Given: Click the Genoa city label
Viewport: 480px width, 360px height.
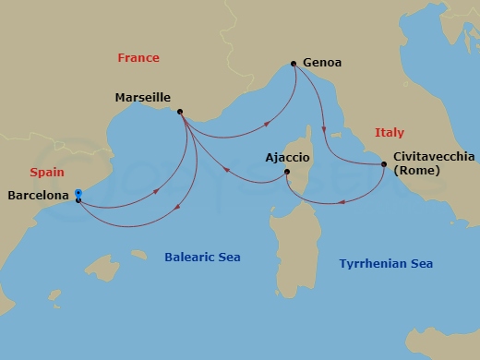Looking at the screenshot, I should pos(322,63).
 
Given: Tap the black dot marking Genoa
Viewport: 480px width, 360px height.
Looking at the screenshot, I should pos(294,63).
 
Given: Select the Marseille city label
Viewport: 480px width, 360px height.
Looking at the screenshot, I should pos(143,97).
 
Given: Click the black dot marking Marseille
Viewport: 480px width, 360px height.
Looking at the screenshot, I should pos(179,113).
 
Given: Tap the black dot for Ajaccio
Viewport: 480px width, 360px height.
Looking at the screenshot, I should pos(287,172).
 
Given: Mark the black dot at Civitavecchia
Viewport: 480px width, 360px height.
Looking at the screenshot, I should pos(383,164).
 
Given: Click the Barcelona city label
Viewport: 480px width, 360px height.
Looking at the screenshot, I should pos(37,196).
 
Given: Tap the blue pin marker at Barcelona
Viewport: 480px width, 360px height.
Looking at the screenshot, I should pos(78,195).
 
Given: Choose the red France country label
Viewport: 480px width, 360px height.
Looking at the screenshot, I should pos(138,58).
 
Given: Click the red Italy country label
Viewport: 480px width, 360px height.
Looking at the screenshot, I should pos(390,133).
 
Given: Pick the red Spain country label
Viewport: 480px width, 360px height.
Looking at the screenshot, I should pos(46,173).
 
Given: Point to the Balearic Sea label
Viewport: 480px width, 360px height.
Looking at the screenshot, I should pos(202,258).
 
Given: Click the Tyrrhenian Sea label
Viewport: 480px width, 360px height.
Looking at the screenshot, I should pos(385,264).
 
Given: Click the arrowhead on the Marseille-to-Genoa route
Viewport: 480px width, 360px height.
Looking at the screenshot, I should pos(268,123).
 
